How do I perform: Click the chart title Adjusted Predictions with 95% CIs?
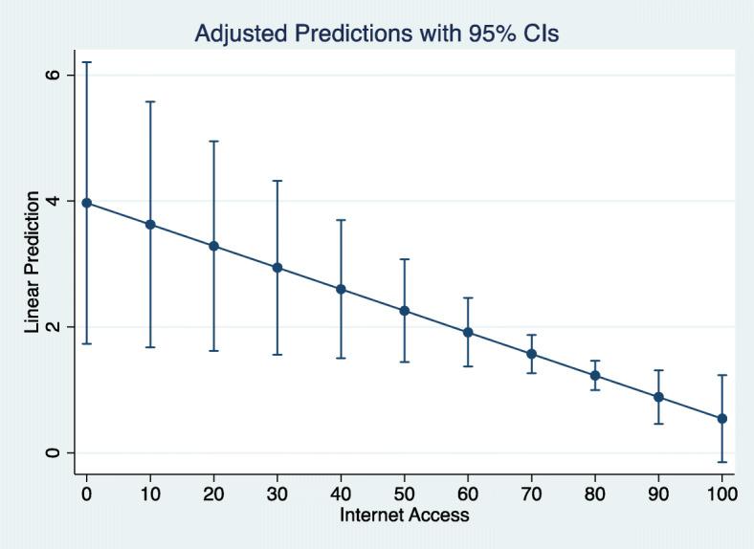376,33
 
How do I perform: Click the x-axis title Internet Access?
404,515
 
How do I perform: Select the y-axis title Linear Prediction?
33,263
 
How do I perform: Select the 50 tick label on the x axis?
404,494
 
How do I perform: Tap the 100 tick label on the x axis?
721,494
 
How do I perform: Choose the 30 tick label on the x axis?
277,494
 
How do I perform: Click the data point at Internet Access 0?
87,203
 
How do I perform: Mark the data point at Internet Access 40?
341,289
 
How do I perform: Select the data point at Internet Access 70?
531,354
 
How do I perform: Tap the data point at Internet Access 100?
721,418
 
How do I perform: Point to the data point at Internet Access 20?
214,246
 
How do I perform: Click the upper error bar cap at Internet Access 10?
150,101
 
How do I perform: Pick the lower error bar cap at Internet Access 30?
277,355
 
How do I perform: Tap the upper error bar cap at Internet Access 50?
404,259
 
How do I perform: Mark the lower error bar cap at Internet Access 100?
721,462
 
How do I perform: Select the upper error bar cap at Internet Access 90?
658,370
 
